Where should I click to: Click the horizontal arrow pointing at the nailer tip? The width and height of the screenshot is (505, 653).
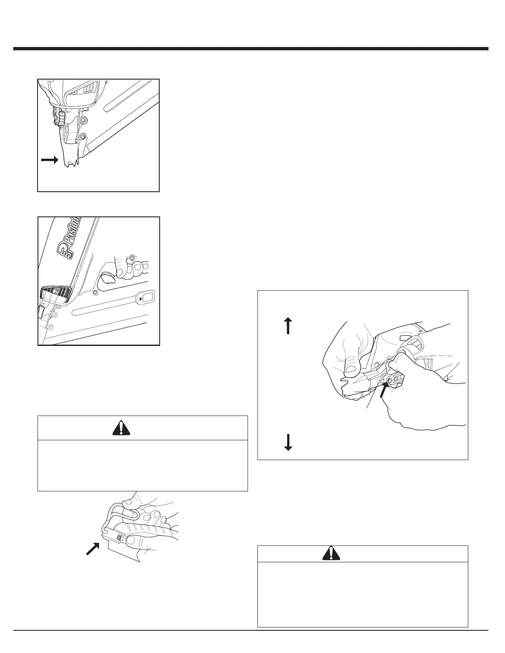tap(50, 160)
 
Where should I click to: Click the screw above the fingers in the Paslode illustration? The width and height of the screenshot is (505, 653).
tap(131, 258)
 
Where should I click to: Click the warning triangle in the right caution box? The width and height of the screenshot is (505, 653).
tap(331, 553)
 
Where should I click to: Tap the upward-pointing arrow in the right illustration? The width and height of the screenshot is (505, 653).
tap(288, 325)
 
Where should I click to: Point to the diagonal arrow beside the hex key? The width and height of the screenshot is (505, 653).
tap(94, 548)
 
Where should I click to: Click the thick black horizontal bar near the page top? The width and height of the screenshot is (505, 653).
tap(250, 49)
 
